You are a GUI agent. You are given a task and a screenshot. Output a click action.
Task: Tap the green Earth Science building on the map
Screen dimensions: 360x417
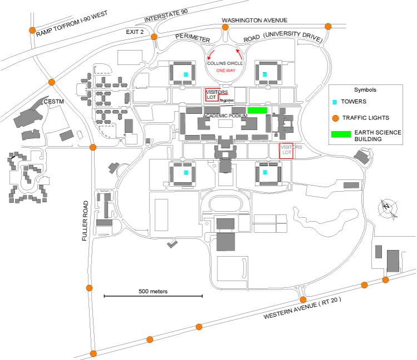[257, 110]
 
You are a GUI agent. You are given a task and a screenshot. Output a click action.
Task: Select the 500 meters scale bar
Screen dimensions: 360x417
[153, 297]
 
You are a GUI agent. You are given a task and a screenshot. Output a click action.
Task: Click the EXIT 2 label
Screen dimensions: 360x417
[135, 33]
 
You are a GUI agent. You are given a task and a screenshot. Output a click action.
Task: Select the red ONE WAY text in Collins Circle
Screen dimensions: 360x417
[225, 71]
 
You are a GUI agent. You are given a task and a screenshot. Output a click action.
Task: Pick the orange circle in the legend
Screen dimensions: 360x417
[335, 118]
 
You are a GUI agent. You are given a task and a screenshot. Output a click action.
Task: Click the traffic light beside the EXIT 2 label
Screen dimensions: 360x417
[154, 37]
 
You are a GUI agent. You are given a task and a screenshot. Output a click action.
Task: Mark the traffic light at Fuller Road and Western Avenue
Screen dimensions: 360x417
[93, 353]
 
